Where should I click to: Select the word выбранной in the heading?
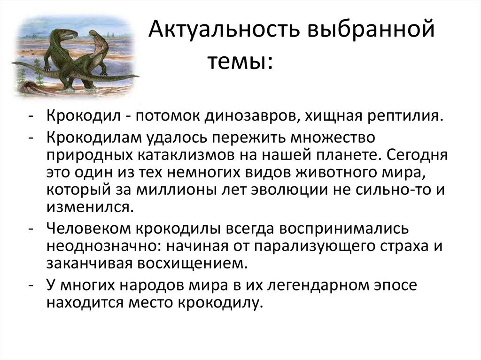point(370,32)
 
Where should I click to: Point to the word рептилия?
point(404,115)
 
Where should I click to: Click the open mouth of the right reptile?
point(100,45)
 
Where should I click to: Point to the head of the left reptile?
point(66,35)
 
